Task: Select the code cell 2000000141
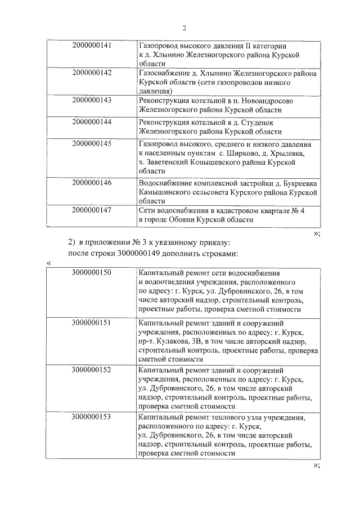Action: point(92,46)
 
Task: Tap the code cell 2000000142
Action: point(92,73)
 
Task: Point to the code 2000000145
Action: point(92,143)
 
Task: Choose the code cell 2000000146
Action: point(92,182)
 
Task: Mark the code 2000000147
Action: point(92,210)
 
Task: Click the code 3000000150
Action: point(92,272)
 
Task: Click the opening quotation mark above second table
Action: point(49,263)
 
